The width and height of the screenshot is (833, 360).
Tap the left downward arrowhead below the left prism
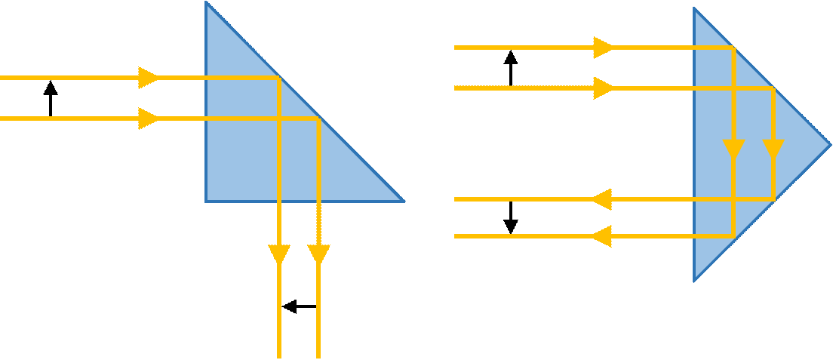(280, 255)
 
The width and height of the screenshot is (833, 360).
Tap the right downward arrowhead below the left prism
(318, 255)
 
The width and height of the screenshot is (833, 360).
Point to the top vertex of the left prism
(206, 2)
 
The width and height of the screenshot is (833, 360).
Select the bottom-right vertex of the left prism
(403, 202)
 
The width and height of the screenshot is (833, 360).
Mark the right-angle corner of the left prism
(206, 202)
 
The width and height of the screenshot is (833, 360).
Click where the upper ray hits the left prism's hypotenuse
(280, 77)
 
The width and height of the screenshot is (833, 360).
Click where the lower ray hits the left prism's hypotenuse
(318, 118)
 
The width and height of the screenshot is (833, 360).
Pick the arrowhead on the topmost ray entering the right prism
(604, 48)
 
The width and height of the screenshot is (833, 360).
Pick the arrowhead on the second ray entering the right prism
(604, 88)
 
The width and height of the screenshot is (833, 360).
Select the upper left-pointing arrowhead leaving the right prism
(601, 199)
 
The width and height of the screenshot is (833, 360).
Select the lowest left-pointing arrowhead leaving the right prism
(601, 236)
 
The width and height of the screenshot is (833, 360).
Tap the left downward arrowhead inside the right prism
(734, 149)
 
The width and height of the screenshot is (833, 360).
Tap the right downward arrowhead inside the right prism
(773, 149)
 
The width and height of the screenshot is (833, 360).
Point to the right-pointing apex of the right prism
(830, 143)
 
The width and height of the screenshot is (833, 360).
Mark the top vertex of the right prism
(694, 8)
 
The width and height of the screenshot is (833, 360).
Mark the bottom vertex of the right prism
(694, 282)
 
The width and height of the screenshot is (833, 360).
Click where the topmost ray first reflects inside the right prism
(734, 48)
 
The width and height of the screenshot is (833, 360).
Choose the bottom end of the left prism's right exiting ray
(318, 356)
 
